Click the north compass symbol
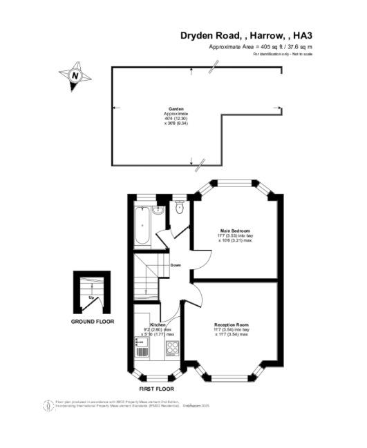[75, 75]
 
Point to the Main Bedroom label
[235, 230]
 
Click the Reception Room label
[232, 324]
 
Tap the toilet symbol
[180, 207]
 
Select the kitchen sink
[142, 349]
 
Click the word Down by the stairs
[176, 265]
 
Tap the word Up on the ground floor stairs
[91, 298]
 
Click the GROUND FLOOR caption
[93, 322]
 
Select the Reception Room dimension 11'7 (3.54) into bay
[232, 330]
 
